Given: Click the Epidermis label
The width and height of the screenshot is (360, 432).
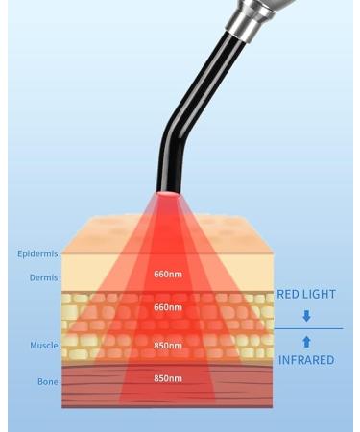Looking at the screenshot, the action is [x=37, y=254].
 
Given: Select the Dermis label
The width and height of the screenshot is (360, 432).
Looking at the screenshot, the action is [x=43, y=278].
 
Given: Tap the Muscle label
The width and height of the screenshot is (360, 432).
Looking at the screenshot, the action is [x=43, y=345].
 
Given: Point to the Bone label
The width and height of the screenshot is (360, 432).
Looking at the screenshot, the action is [x=47, y=382].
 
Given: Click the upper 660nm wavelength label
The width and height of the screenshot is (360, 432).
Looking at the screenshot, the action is [x=168, y=275].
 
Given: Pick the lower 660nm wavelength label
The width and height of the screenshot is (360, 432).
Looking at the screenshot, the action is [x=168, y=307].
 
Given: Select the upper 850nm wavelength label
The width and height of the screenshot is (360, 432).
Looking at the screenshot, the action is [x=168, y=346].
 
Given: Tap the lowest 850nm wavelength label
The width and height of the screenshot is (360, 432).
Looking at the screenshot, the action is [x=168, y=378].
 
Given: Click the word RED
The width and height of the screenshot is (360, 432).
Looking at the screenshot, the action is [x=289, y=295].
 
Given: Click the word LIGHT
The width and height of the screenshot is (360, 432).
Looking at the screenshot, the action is [x=322, y=295].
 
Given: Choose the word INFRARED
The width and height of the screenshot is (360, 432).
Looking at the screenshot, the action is [x=305, y=361].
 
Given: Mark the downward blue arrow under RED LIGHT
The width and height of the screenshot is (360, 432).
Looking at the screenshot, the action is [x=306, y=316].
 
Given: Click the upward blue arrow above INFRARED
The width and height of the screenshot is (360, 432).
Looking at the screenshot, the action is [x=306, y=341].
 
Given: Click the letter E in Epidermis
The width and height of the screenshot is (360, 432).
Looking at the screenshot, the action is [x=20, y=254].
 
